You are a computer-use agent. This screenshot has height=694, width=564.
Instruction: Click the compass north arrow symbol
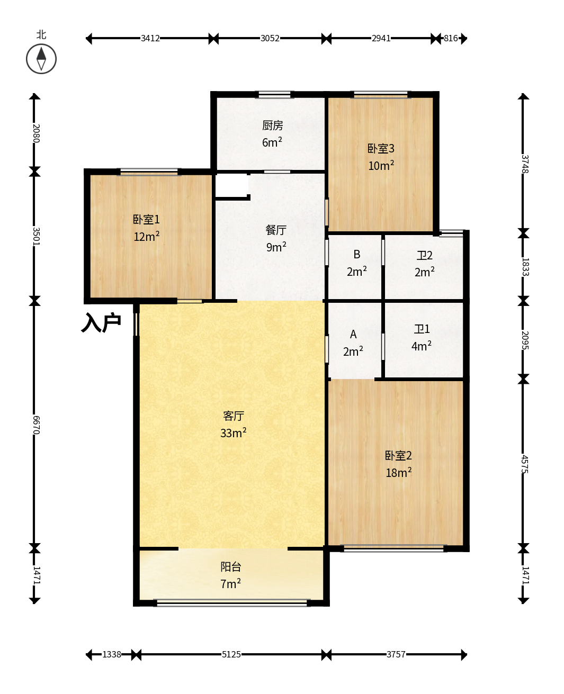pyautogui.click(x=41, y=59)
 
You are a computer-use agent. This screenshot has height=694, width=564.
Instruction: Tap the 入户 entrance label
pyautogui.click(x=101, y=322)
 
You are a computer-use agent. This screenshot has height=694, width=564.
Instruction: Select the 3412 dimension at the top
pyautogui.click(x=150, y=39)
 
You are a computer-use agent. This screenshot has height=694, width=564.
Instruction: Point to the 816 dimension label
pyautogui.click(x=451, y=39)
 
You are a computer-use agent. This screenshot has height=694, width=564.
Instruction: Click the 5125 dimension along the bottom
pyautogui.click(x=231, y=654)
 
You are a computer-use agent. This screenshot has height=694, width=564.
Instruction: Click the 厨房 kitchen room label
pyautogui.click(x=272, y=125)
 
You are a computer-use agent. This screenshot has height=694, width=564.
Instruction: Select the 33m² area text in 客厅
pyautogui.click(x=233, y=432)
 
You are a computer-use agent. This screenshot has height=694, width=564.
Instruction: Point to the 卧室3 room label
pyautogui.click(x=381, y=149)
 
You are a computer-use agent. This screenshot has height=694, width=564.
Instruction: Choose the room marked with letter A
pyautogui.click(x=353, y=334)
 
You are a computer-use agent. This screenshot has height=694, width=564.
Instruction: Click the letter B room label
pyautogui.click(x=356, y=254)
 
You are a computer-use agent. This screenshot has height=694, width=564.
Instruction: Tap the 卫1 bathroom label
pyautogui.click(x=422, y=329)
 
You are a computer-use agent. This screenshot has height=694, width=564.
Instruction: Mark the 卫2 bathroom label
pyautogui.click(x=425, y=256)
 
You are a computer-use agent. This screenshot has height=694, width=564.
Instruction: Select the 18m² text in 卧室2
pyautogui.click(x=398, y=472)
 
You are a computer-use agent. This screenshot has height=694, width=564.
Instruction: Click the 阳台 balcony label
pyautogui.click(x=231, y=567)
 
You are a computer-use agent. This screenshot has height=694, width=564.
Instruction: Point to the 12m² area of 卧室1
pyautogui.click(x=146, y=236)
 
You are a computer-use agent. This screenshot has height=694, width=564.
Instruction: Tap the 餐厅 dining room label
pyautogui.click(x=276, y=230)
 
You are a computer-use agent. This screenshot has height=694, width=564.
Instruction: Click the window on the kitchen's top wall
pyautogui.click(x=274, y=95)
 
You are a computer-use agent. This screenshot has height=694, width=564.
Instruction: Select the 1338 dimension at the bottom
pyautogui.click(x=112, y=654)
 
